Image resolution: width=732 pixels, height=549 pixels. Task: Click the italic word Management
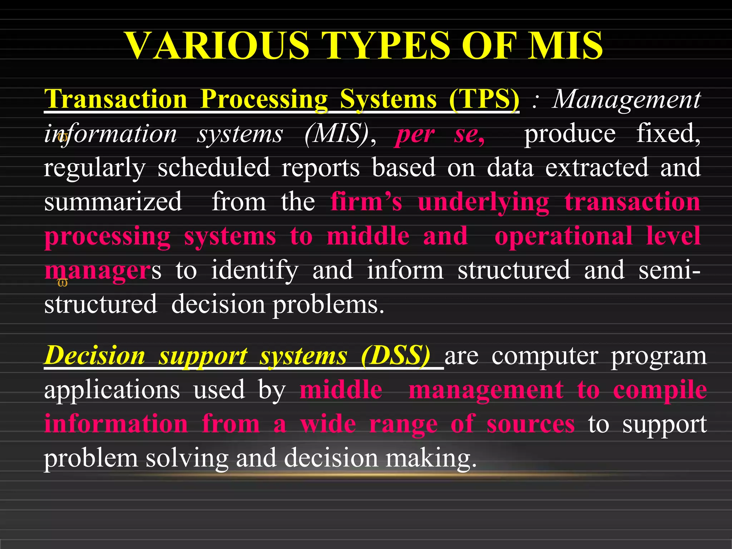coord(626,99)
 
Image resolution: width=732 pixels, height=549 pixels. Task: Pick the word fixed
coord(668,134)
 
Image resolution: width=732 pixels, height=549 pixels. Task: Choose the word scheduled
coord(213,167)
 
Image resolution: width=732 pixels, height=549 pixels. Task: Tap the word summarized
coord(113,202)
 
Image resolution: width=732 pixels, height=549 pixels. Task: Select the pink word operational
coord(563,236)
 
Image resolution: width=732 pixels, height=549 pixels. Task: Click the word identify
coord(254,271)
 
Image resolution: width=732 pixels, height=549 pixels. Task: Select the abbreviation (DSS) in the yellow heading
coord(395,356)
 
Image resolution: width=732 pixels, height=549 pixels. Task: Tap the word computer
coord(544,356)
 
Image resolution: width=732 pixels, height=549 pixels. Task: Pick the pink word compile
coord(660,390)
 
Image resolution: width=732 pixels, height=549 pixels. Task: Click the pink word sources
coord(530,424)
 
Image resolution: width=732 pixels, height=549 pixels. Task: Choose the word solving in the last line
coord(187,458)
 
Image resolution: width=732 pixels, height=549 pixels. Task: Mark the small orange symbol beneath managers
coord(63,283)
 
